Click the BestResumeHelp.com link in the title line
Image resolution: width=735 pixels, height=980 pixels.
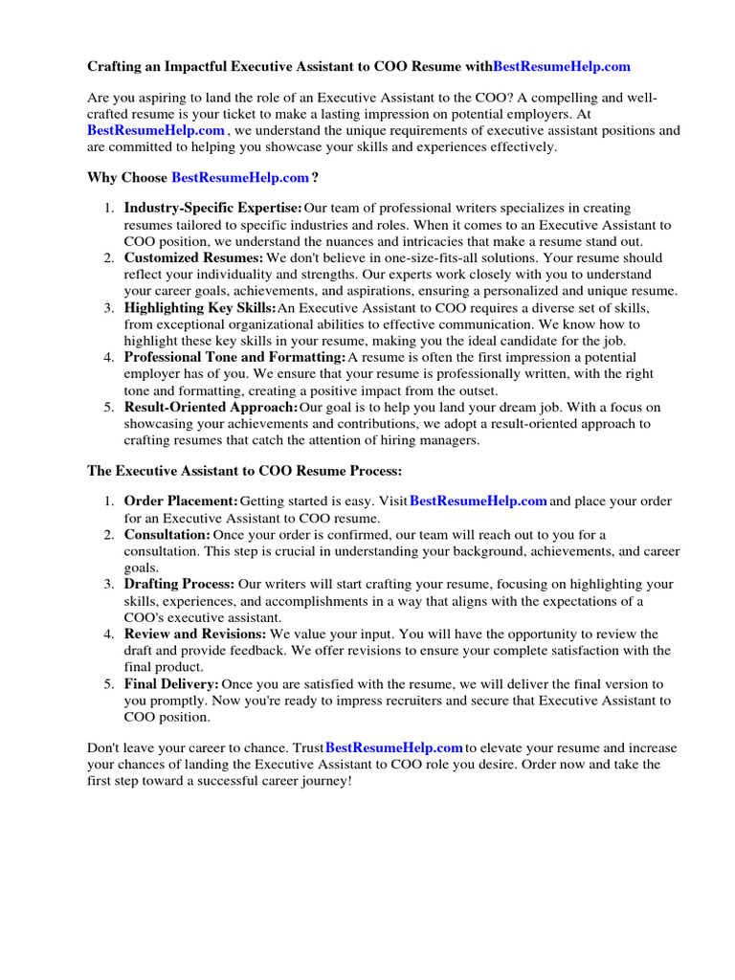pyautogui.click(x=562, y=66)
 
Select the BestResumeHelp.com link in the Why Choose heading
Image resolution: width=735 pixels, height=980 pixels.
pyautogui.click(x=240, y=177)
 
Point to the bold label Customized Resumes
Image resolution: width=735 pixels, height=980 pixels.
pyautogui.click(x=193, y=257)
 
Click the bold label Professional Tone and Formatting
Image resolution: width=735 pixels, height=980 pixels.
pyautogui.click(x=235, y=357)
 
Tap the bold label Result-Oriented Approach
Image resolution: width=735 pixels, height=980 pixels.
pyautogui.click(x=211, y=407)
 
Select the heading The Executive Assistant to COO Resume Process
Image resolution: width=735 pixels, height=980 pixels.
pyautogui.click(x=245, y=471)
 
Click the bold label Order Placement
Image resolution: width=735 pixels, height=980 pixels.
pyautogui.click(x=181, y=501)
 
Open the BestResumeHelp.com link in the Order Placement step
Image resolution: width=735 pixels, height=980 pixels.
pyautogui.click(x=478, y=501)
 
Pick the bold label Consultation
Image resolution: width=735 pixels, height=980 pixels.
pyautogui.click(x=167, y=534)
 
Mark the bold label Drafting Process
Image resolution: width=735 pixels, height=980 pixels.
pyautogui.click(x=179, y=584)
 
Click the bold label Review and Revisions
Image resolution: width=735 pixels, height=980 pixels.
pyautogui.click(x=195, y=634)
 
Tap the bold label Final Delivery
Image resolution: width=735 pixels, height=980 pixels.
pyautogui.click(x=171, y=683)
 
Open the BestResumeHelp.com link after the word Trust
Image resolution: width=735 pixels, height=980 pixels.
pyautogui.click(x=394, y=747)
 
